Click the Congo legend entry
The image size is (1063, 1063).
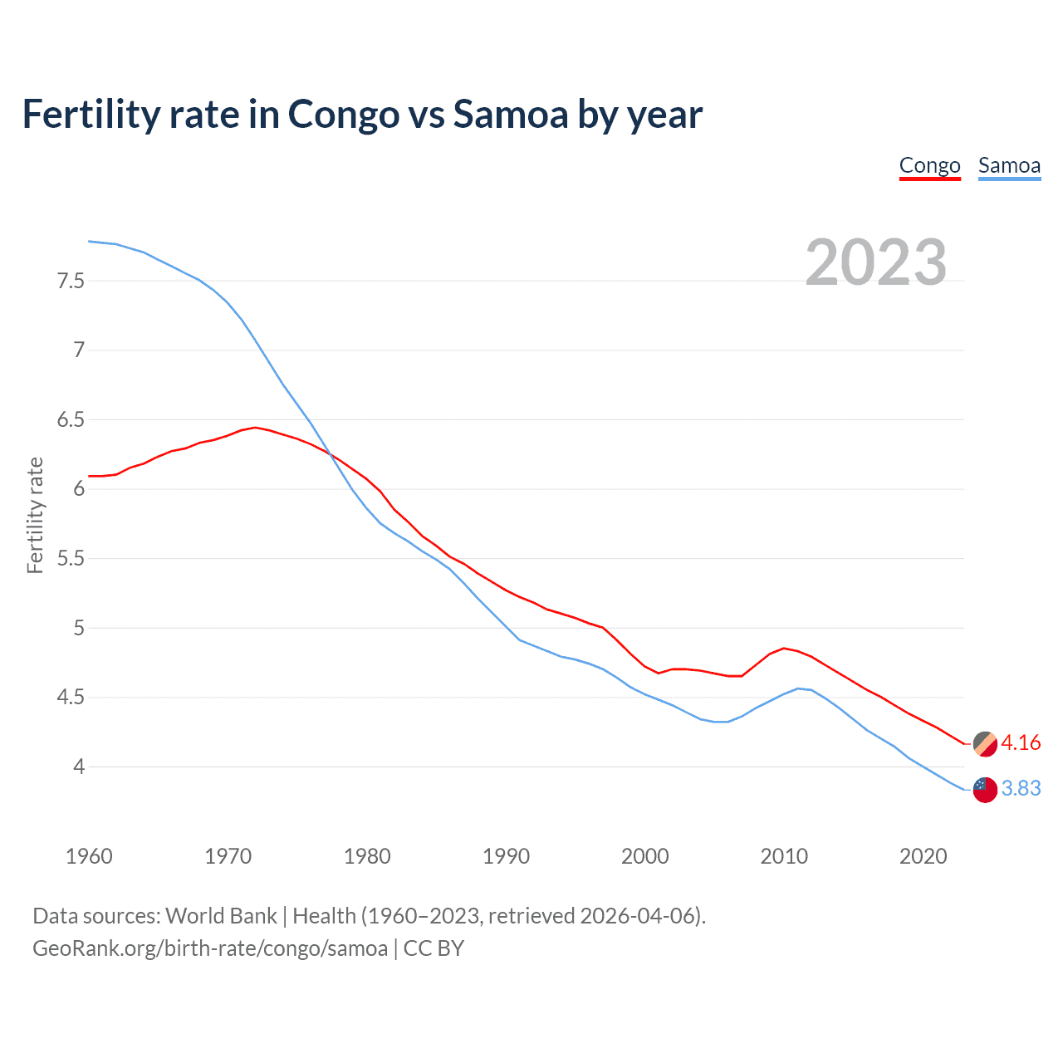(929, 166)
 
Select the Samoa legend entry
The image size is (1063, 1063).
(1009, 166)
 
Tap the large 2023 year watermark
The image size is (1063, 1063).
(875, 262)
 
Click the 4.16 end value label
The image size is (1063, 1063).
(1021, 743)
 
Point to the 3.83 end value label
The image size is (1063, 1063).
(1021, 789)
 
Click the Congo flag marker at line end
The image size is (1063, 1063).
(985, 744)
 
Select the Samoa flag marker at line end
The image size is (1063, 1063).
(985, 790)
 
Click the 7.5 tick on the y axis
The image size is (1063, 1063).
(71, 281)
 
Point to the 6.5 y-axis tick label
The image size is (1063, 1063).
(71, 420)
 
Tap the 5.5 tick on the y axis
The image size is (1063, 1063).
(71, 559)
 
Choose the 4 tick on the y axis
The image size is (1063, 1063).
(79, 767)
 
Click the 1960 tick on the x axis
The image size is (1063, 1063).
(89, 856)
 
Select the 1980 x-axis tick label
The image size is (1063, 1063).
(367, 856)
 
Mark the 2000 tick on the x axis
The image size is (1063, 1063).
(644, 856)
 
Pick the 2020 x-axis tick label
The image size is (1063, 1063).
(923, 856)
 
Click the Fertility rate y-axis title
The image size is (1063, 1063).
(35, 515)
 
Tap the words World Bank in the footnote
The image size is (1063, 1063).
(221, 916)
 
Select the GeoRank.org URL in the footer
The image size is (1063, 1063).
(210, 948)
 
